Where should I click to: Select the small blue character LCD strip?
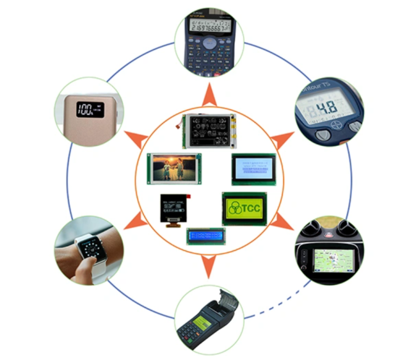coord(207,236)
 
